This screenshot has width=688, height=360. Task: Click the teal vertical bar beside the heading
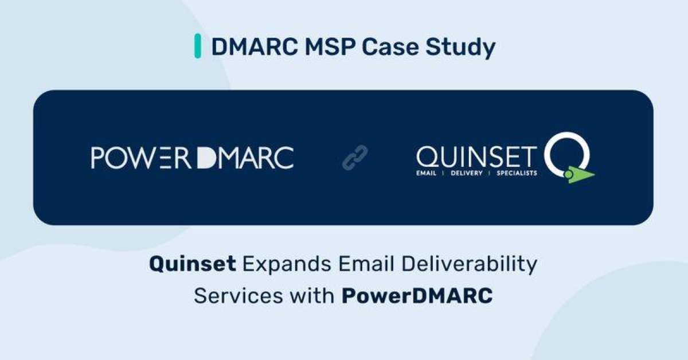coord(198,46)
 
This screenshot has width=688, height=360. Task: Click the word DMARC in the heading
coord(255,47)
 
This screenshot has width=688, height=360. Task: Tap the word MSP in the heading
coord(330,47)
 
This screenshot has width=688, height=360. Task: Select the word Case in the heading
coord(390,47)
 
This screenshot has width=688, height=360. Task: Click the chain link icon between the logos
coord(355,158)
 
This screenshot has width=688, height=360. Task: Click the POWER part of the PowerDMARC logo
coord(141,158)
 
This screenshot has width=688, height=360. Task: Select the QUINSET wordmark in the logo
coord(476,156)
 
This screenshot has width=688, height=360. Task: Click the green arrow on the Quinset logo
coord(578,175)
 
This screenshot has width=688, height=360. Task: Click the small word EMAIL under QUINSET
coord(426,173)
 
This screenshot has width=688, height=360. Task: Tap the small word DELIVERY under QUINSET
coord(467,173)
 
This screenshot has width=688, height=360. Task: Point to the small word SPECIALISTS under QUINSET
coord(517,173)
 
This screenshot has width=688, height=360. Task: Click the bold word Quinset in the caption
coord(193,264)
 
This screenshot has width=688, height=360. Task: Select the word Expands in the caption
coord(287,265)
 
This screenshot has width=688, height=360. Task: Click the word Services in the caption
coord(239,296)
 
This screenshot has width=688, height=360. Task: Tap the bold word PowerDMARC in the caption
coord(417,296)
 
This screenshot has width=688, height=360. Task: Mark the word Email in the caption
coord(366,264)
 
